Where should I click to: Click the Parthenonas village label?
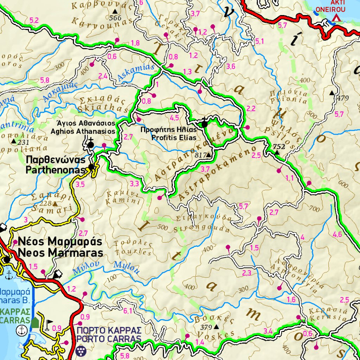point(56,165)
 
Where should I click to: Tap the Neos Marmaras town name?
point(60,247)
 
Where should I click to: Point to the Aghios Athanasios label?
point(83,127)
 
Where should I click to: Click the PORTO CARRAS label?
point(109,335)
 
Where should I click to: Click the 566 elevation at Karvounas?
point(115,18)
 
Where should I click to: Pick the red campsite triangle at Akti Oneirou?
point(336,17)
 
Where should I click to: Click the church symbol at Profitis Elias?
point(204,123)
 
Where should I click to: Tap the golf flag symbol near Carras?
point(48,322)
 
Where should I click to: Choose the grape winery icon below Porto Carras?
point(80,350)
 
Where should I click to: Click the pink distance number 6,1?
point(128,311)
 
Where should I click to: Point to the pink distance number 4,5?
point(174,117)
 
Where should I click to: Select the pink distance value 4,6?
point(337,234)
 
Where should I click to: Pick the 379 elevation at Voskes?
point(206,327)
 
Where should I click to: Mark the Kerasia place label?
point(328,314)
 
